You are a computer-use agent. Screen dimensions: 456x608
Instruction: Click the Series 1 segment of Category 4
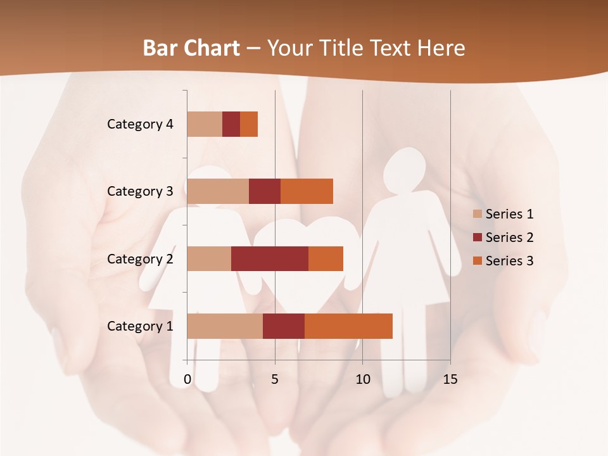[205, 124]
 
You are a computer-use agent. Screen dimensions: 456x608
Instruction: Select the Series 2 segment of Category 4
[231, 124]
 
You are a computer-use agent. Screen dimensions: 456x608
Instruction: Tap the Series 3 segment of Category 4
[249, 124]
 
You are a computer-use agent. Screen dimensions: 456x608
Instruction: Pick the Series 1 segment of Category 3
[218, 191]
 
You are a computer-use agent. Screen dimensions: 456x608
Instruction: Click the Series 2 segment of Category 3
[265, 191]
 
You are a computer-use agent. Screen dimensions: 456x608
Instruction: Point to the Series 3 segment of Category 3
[307, 191]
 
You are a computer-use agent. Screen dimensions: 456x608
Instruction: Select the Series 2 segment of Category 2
[270, 258]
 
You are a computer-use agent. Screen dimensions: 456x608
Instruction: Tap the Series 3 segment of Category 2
[326, 258]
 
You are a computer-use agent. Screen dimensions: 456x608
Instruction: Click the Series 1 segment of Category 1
[225, 326]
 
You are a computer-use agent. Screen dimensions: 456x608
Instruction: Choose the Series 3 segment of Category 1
[348, 326]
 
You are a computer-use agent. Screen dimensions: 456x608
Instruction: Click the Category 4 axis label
[140, 124]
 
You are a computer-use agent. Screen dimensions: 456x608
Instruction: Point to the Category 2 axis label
[140, 259]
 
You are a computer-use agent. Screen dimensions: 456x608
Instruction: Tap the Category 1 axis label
[140, 326]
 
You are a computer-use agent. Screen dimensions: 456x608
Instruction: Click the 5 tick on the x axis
[275, 379]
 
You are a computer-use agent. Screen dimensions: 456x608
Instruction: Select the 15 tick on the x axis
[450, 379]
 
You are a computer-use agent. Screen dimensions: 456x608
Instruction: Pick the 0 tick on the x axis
[187, 379]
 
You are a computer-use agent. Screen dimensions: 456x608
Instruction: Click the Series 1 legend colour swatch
[478, 214]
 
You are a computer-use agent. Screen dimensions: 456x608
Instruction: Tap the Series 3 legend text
[509, 261]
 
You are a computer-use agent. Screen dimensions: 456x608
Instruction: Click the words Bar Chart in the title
[191, 47]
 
